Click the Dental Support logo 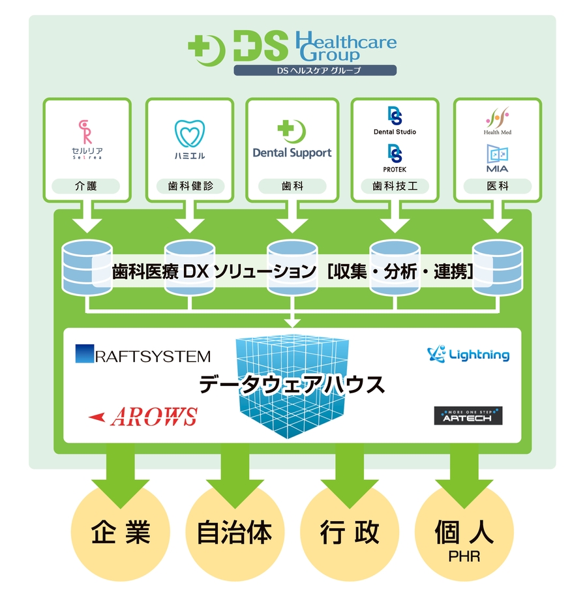(292, 140)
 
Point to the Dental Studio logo (395, 121)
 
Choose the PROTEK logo (395, 158)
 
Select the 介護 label (87, 186)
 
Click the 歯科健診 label (188, 186)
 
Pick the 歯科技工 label (395, 186)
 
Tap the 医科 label (497, 186)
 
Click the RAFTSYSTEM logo (143, 355)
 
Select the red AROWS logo (143, 416)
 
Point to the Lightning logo (468, 355)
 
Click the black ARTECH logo (468, 416)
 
